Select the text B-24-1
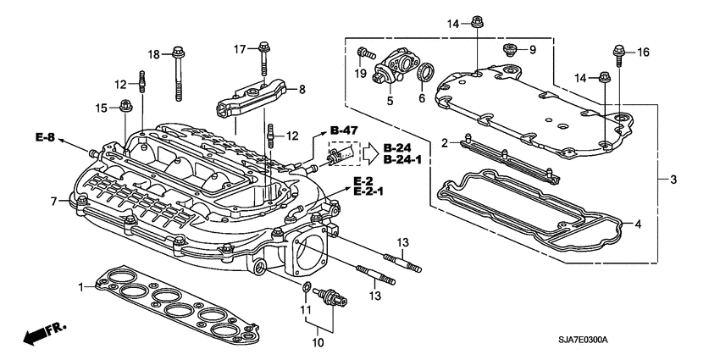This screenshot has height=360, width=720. coord(403,159)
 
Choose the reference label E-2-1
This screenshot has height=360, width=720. coord(369,192)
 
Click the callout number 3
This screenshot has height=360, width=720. coord(673,180)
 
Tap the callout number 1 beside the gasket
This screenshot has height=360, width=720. coord(82,288)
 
